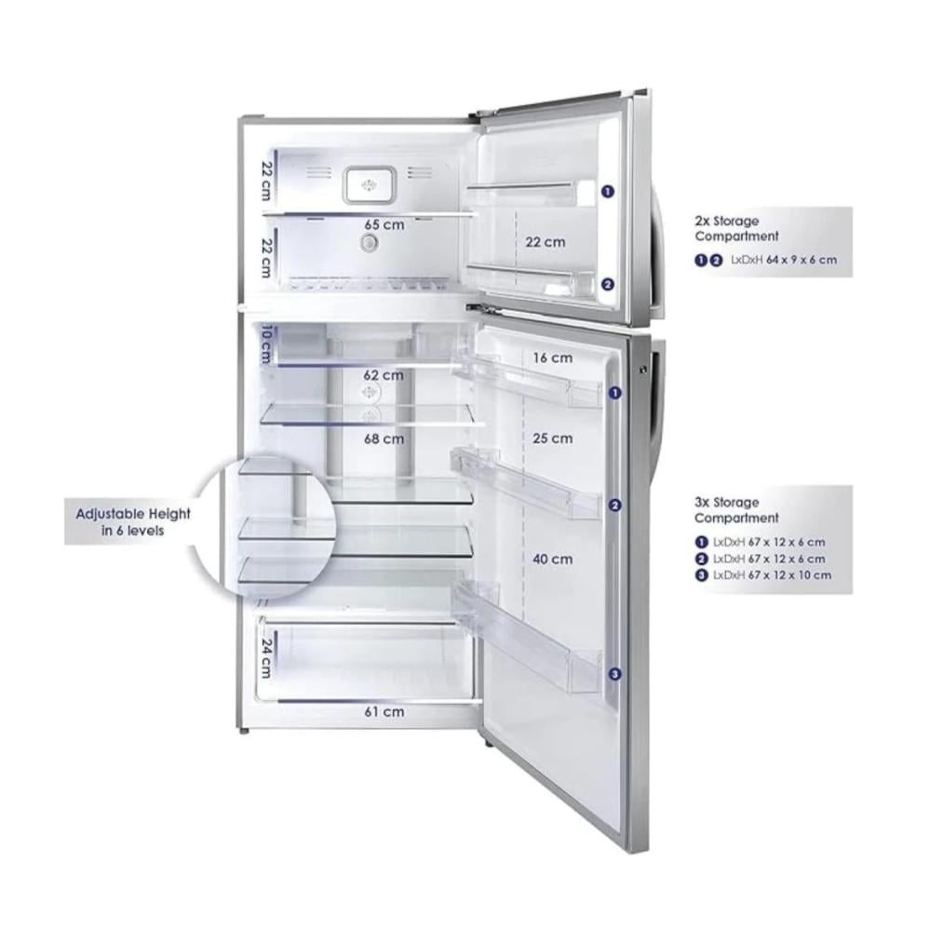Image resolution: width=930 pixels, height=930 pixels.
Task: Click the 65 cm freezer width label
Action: click(383, 225)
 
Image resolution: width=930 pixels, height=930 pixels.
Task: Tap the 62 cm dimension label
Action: click(383, 375)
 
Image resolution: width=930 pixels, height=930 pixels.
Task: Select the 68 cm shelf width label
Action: click(383, 438)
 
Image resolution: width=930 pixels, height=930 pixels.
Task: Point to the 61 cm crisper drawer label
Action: click(383, 711)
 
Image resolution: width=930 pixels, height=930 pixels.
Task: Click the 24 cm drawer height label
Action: click(265, 656)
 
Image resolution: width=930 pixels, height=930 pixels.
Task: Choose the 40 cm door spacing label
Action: click(552, 559)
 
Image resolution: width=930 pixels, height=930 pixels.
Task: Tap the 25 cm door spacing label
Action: click(552, 438)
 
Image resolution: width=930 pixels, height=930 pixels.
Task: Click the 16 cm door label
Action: click(552, 357)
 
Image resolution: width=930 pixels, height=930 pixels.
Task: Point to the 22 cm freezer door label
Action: click(545, 242)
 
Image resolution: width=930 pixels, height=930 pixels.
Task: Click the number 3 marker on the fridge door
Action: click(614, 673)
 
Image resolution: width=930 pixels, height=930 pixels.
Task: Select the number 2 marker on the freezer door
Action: click(607, 286)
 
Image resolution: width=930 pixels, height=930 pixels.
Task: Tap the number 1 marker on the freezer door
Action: click(607, 191)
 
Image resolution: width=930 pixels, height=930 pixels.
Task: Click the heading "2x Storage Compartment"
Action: click(736, 228)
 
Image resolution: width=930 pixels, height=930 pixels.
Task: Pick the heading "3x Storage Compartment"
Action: click(736, 509)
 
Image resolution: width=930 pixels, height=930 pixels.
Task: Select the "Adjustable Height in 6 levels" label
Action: click(133, 522)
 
